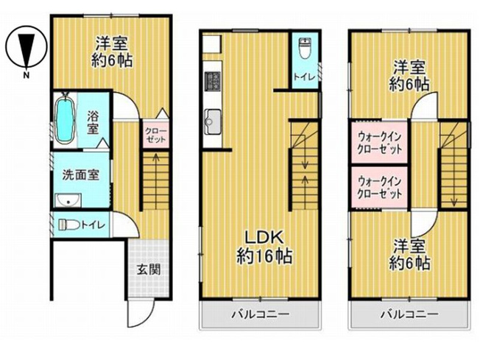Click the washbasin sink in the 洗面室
pos(68,201)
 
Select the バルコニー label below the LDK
pos(261,314)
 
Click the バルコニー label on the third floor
pos(409,314)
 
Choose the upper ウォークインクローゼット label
pos(380,140)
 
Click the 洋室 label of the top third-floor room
pos(410,65)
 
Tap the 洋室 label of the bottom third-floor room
pos(410,245)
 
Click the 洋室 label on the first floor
pos(112,43)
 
